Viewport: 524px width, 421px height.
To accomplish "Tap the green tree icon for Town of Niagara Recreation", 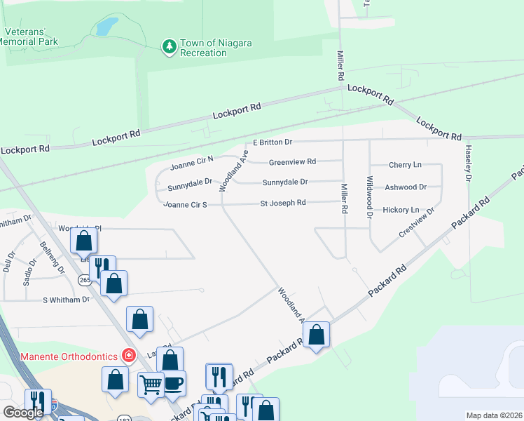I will click(169, 47).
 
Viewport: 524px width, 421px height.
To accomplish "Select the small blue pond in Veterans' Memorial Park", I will click(106, 27).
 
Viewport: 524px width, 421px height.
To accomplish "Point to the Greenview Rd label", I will click(293, 161).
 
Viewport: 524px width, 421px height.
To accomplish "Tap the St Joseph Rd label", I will click(283, 203).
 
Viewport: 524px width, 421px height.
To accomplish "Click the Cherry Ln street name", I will click(405, 166).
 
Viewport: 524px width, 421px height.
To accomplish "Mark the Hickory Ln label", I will click(401, 210).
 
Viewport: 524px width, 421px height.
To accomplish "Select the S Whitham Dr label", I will click(67, 300).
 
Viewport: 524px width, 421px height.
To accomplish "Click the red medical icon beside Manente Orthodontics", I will click(128, 356).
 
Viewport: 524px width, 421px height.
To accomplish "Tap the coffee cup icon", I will click(173, 382).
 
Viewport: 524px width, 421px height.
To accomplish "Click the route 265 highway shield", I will click(83, 280).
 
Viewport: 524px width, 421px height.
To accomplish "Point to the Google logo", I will click(23, 413).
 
